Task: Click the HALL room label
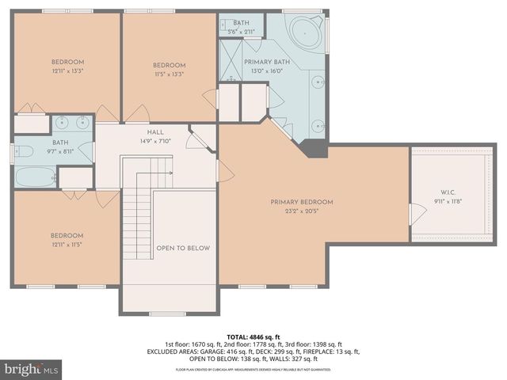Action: pos(155,133)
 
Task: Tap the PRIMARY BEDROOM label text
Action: pos(301,202)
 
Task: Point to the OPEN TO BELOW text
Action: pos(183,248)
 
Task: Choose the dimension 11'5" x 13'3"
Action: pos(169,74)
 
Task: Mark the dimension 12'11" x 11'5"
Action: pos(67,245)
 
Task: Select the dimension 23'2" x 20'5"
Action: pos(301,211)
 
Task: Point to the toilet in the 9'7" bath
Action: pos(23,151)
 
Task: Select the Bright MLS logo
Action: pos(32,369)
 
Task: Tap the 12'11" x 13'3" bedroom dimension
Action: pos(67,70)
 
